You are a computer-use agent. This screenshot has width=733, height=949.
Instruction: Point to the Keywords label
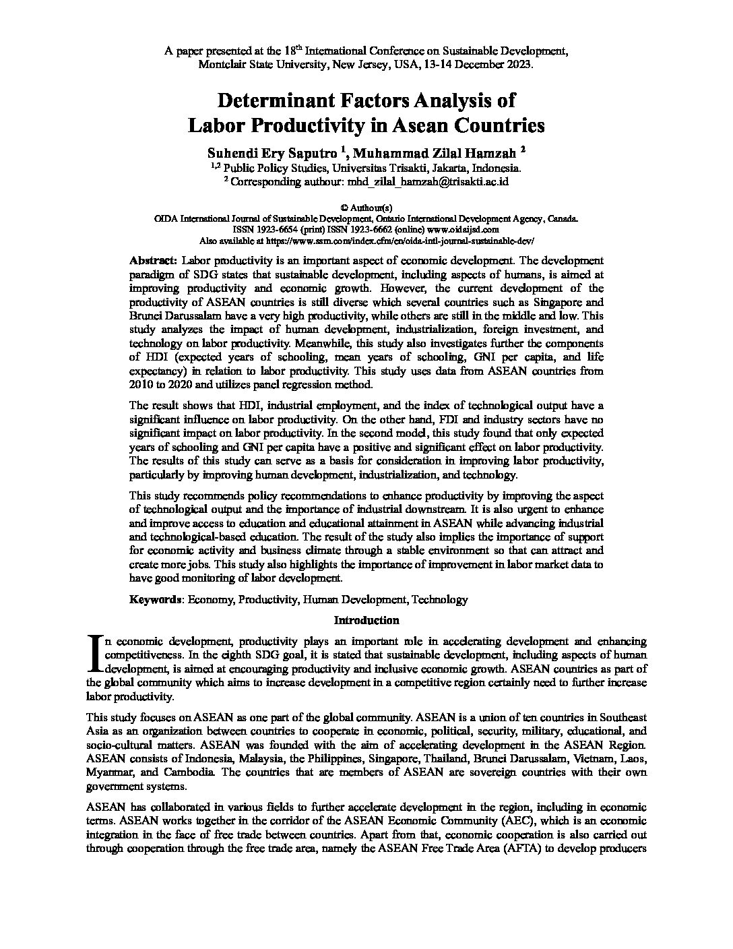coord(155,599)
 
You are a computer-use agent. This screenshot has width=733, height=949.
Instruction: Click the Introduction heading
coord(366,620)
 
